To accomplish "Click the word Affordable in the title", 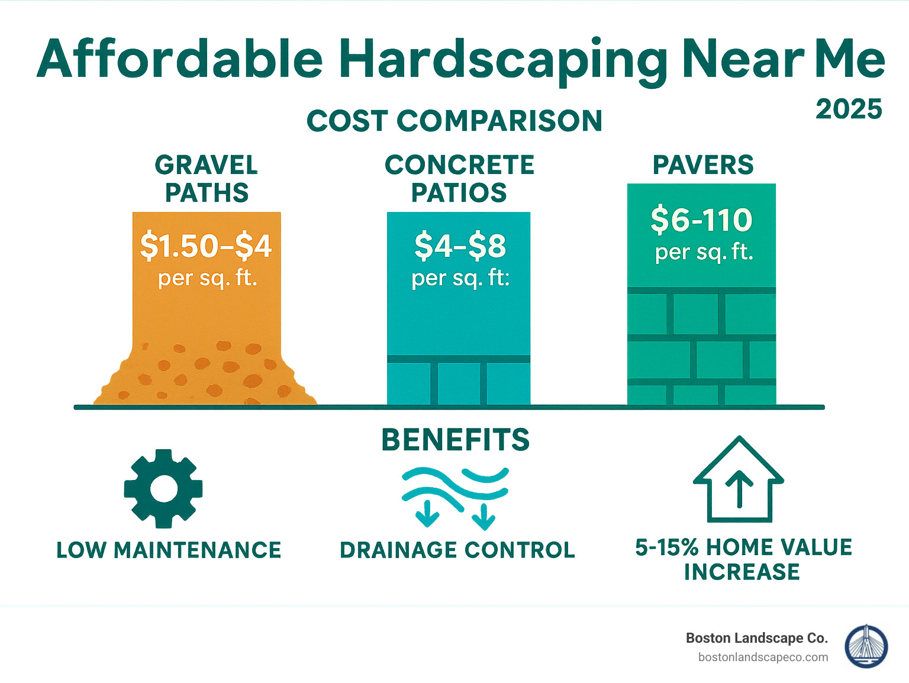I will [x=180, y=59].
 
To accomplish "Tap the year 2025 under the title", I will [x=849, y=109].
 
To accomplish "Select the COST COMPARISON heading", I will [x=454, y=121].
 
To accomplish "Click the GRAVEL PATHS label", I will [x=207, y=179].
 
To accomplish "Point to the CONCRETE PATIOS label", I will [x=459, y=179].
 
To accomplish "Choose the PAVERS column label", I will [x=703, y=165].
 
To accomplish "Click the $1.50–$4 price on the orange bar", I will [x=206, y=246].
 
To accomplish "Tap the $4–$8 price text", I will [x=460, y=246].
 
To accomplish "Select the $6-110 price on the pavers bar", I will [x=701, y=220].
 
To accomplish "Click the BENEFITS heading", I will [x=455, y=440].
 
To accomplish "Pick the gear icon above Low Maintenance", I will [x=163, y=488].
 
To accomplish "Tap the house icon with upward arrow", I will [x=739, y=481].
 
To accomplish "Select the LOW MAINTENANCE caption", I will [x=169, y=550].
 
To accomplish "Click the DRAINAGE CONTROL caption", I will [x=457, y=550].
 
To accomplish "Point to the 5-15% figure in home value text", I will [x=667, y=547].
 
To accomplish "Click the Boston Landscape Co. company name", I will [x=756, y=638].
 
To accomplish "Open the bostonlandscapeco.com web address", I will [x=763, y=657].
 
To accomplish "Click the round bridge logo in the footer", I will [x=866, y=646].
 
